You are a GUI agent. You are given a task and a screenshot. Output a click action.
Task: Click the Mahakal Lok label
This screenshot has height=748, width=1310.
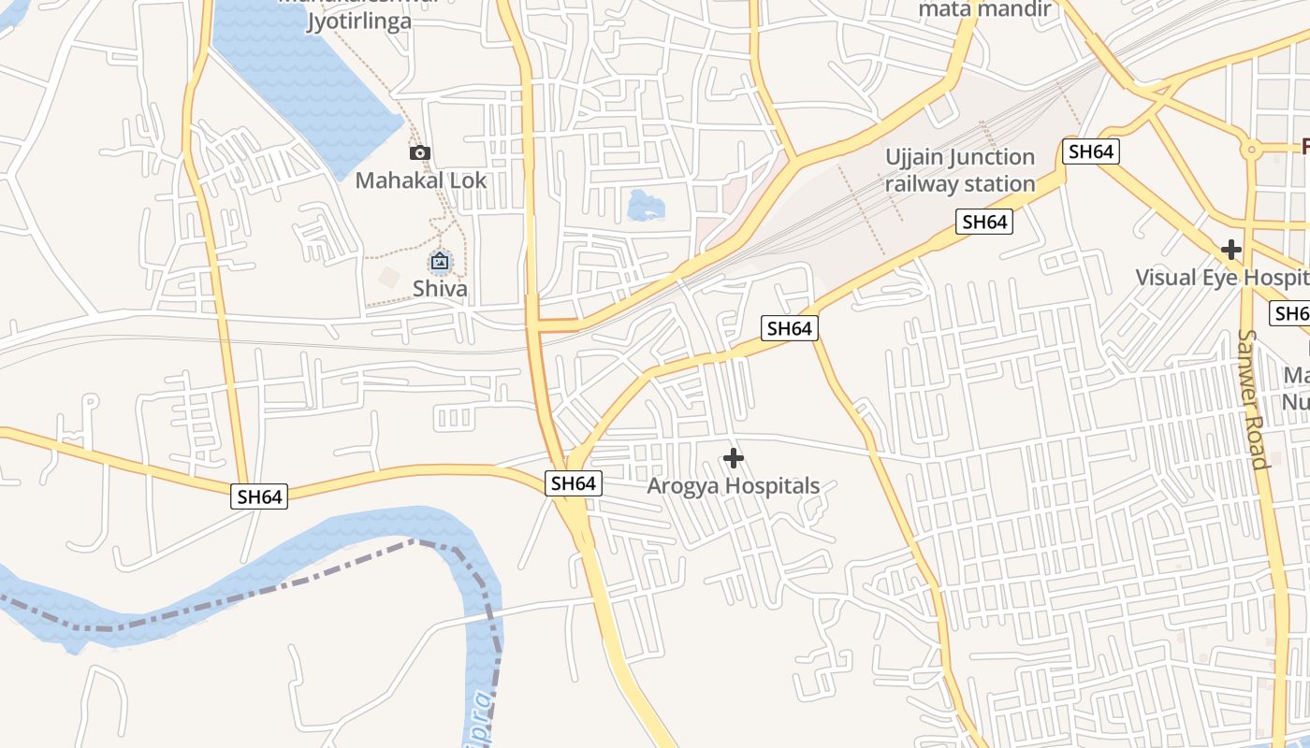tap(421, 180)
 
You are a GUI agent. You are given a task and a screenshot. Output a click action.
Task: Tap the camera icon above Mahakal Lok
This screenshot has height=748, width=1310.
tap(419, 152)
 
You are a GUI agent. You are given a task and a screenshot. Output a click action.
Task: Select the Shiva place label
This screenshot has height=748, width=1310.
tap(440, 288)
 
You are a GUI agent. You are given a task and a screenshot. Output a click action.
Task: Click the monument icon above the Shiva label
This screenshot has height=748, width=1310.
tap(440, 262)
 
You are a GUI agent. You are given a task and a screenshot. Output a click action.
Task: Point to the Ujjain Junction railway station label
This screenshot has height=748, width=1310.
tap(960, 170)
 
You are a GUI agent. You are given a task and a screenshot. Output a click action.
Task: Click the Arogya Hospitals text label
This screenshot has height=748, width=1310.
tap(734, 486)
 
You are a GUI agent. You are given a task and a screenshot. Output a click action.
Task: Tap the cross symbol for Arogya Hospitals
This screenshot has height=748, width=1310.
tap(734, 458)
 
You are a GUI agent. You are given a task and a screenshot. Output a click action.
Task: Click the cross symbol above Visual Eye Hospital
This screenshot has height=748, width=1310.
tap(1231, 250)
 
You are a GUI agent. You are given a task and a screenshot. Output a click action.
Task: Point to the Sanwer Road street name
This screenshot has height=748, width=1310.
tap(1253, 398)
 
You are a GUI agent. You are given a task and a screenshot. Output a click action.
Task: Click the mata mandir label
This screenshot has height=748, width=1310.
tap(984, 10)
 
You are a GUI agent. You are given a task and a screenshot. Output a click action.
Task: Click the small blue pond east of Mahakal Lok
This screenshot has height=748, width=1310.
tap(645, 204)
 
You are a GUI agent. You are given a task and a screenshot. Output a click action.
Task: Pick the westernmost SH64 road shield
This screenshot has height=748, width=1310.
tap(259, 496)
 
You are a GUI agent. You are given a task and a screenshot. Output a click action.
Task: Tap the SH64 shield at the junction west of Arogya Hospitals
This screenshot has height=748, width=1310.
tap(573, 483)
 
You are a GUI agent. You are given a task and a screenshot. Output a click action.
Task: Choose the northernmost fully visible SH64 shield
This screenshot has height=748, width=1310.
tap(1091, 151)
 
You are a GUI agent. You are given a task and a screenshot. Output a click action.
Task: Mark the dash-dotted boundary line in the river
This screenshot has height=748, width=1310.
tap(281, 586)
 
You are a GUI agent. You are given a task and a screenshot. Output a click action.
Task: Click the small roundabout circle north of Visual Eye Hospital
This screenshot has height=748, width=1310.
tap(1251, 149)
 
